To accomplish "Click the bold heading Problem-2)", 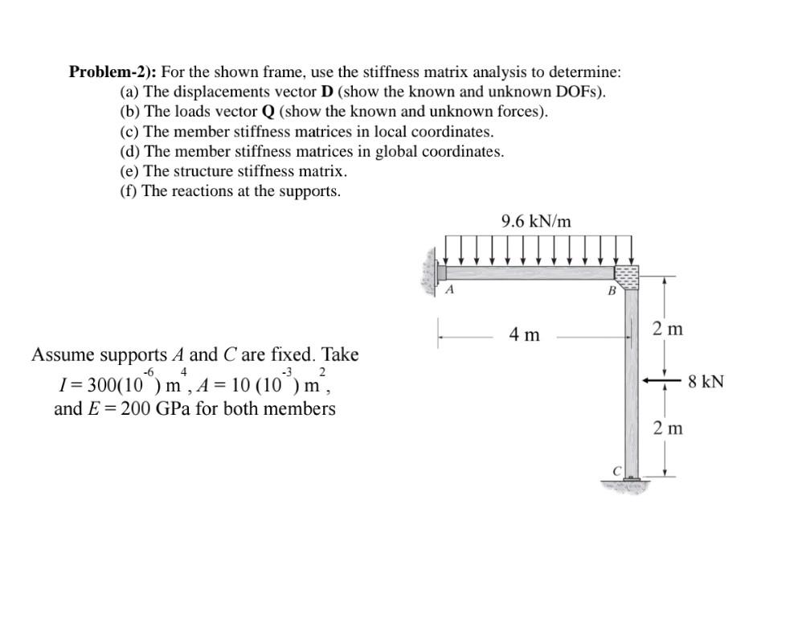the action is (x=112, y=72).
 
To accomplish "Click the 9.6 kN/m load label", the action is (x=536, y=221).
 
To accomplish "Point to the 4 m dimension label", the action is (x=525, y=334).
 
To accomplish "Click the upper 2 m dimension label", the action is (x=668, y=328).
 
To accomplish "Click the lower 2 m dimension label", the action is (x=668, y=428).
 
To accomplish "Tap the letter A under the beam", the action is (x=450, y=289).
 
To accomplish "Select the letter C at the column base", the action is (x=617, y=470).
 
